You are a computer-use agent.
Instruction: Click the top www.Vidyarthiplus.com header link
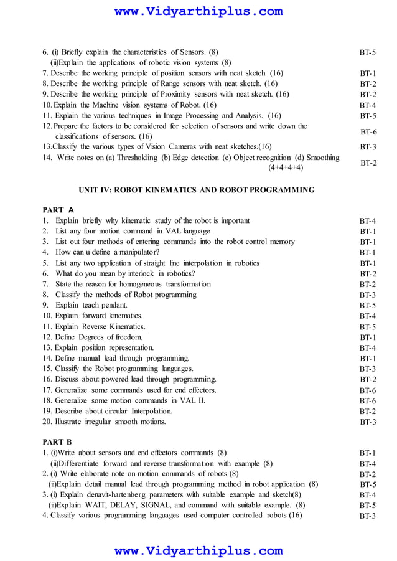coord(198,11)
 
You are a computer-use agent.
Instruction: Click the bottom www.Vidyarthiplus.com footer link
coord(198,551)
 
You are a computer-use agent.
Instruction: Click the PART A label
coord(58,210)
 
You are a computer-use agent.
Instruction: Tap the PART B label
coord(57,442)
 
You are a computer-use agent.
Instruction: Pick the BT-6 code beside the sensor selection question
coord(368,132)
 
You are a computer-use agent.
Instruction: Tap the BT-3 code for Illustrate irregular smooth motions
coord(368,422)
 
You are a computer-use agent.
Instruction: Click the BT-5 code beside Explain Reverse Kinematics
coord(368,327)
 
